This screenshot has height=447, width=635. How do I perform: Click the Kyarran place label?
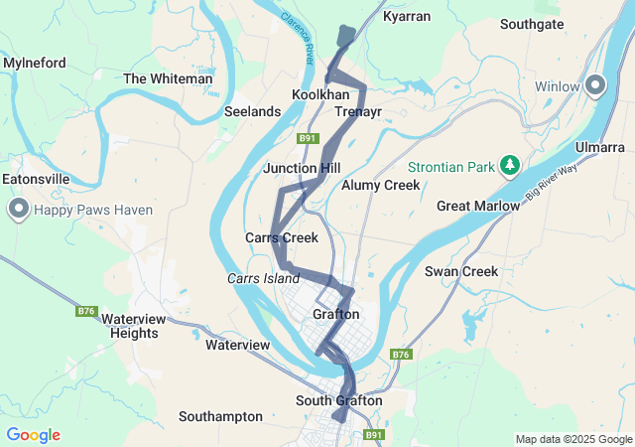pos(407,18)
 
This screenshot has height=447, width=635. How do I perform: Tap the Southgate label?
pos(532,24)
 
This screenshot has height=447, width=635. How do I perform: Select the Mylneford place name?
pos(35,63)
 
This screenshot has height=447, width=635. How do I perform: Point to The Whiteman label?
pos(168,78)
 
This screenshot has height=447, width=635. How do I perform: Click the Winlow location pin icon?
pos(595,85)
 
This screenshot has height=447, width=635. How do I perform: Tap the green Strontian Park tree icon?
pos(510,163)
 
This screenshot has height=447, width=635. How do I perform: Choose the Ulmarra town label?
pos(600,148)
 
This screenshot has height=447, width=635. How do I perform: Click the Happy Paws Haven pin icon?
pos(19,209)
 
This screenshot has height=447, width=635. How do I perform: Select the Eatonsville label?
pos(36,179)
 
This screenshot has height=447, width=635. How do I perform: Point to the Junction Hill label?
pos(302,169)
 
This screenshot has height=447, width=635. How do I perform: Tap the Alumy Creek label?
pos(381,185)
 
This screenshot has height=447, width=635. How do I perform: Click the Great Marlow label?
pos(478,206)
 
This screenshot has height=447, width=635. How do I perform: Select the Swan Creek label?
pos(460,271)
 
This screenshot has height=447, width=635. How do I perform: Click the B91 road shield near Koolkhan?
pos(309,139)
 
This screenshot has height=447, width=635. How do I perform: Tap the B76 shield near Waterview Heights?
pos(86,311)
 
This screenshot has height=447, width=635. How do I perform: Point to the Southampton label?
pos(220,416)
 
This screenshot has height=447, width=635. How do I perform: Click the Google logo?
pos(33,435)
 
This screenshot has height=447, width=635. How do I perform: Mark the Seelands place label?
pos(252,112)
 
